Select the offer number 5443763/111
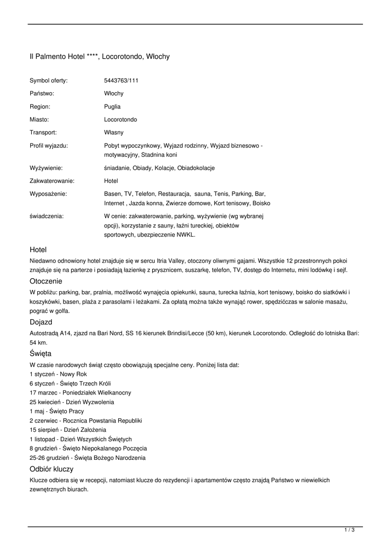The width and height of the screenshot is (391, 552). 121,81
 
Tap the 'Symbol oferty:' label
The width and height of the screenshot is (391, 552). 49,81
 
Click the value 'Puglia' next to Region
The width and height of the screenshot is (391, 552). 112,107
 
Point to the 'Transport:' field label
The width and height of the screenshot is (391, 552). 43,132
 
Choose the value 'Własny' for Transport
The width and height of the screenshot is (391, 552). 114,132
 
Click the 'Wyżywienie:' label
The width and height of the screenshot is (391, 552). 46,168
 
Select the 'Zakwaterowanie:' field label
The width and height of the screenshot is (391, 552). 52,181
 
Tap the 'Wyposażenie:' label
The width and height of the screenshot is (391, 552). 48,194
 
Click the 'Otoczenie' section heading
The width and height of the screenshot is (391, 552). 46,281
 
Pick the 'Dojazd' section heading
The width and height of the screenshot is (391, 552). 41,322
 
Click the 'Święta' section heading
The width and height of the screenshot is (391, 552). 40,354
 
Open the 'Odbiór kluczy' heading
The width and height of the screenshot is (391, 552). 51,469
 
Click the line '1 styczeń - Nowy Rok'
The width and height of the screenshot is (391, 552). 58,374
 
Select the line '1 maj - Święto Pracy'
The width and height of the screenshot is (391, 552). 57,411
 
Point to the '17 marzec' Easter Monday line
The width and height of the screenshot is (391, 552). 80,393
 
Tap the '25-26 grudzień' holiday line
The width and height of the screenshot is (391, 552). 87,458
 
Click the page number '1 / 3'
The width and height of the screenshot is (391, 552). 349,530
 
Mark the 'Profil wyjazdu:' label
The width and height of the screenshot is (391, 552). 49,146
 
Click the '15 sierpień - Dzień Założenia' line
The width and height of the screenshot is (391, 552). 68,430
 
